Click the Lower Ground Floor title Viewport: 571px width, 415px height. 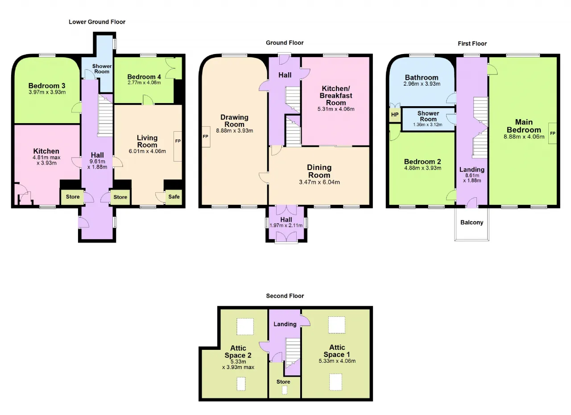coord(97,22)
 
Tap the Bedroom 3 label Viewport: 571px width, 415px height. coord(47,86)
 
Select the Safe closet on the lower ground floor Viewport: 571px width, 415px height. coord(174,197)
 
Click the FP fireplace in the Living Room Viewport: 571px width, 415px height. coord(178,146)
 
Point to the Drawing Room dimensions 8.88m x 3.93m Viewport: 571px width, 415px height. coord(235,131)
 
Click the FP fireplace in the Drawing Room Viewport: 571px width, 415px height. coord(206,137)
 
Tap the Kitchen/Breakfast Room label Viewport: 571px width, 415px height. coord(336,95)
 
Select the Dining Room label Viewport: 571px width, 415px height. coord(319,171)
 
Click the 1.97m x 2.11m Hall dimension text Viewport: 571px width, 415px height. coord(286,225)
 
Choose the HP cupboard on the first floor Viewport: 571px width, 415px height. coord(395,115)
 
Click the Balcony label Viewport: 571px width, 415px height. coord(472,222)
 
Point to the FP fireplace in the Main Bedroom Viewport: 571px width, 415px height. coord(553,133)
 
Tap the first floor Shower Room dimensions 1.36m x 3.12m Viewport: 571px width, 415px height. coord(428,125)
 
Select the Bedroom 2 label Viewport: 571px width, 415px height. coord(422,162)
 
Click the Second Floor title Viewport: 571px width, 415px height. coord(285,296)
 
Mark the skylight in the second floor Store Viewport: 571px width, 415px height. coord(285,390)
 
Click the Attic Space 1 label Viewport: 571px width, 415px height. coord(337,351)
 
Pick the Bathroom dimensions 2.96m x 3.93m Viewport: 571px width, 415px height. coord(422,84)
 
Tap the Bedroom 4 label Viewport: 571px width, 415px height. coord(144,77)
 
